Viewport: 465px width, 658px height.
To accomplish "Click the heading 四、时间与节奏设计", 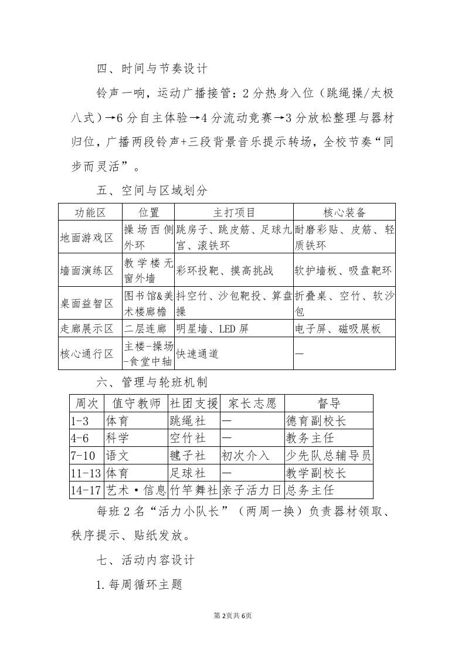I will [152, 69].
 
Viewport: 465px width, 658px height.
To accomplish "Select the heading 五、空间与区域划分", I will [152, 191].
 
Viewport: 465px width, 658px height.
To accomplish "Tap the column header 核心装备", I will [344, 212].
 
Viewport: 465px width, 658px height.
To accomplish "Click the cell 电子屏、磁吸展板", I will [338, 328].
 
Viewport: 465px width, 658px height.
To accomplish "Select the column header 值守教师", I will [135, 403].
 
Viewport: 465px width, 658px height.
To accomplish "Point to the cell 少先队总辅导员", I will [328, 455].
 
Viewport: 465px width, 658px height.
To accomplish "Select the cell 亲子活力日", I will [252, 490].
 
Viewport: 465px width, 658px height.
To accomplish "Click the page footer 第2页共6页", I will [232, 615].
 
